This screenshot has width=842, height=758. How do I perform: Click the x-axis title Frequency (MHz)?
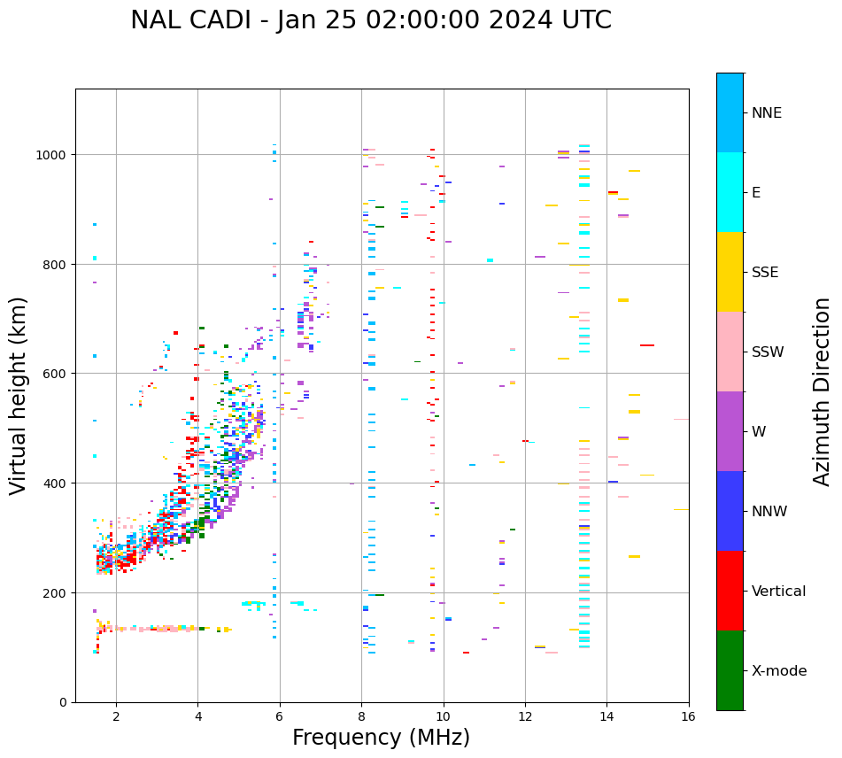381,738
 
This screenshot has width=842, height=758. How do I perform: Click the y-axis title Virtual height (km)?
19,395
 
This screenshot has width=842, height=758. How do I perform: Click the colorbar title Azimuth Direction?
823,391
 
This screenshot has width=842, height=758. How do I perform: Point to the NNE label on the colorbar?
767,112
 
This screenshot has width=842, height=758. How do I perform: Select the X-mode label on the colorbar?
779,671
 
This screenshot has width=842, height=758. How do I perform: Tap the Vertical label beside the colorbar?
779,592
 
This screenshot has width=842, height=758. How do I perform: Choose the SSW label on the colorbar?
768,352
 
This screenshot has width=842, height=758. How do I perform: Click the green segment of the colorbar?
730,670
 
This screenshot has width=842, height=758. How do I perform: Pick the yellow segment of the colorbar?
730,272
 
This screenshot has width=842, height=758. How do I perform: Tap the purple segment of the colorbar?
730,431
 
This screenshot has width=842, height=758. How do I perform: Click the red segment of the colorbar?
730,591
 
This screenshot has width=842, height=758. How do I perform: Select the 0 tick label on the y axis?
64,702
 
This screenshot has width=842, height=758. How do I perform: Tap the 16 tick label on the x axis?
688,717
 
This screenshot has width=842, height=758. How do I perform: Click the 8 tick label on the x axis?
361,717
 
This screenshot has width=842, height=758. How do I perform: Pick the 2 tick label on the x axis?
116,717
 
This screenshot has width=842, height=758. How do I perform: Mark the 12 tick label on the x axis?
525,717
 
